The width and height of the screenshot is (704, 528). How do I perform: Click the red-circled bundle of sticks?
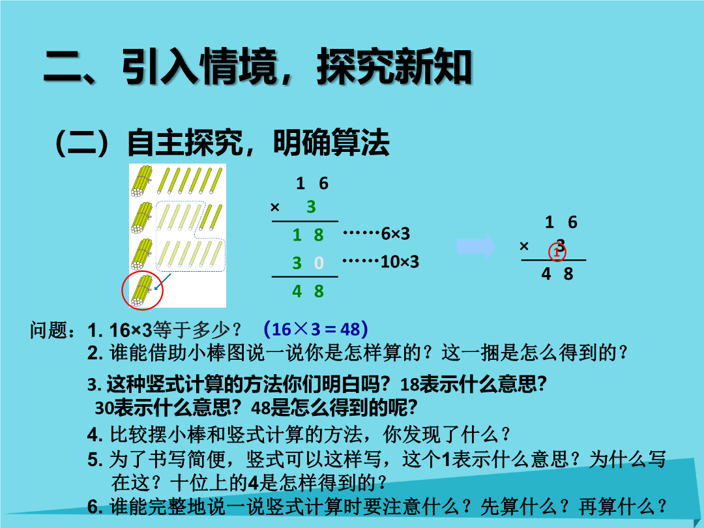(142, 291)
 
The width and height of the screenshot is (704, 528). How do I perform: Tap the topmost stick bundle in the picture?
(142, 181)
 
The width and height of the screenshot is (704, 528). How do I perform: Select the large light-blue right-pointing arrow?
(476, 246)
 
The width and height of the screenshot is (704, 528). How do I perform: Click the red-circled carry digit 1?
(557, 252)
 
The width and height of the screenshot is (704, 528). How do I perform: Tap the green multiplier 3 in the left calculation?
(311, 207)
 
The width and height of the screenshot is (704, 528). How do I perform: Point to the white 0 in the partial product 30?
(319, 263)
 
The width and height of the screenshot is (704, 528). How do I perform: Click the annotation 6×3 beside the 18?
(395, 233)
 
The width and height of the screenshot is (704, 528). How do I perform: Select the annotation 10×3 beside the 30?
(400, 261)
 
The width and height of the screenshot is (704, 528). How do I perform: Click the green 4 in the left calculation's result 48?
(297, 291)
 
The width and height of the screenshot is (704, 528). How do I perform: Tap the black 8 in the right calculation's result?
(568, 273)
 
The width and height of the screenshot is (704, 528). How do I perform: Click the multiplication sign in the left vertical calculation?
(275, 207)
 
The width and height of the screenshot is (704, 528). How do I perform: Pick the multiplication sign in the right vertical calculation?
(524, 246)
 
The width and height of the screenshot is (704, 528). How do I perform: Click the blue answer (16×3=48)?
(316, 329)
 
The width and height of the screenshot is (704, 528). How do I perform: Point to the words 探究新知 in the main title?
(394, 66)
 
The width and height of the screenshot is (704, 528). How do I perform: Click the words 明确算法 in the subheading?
(331, 143)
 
